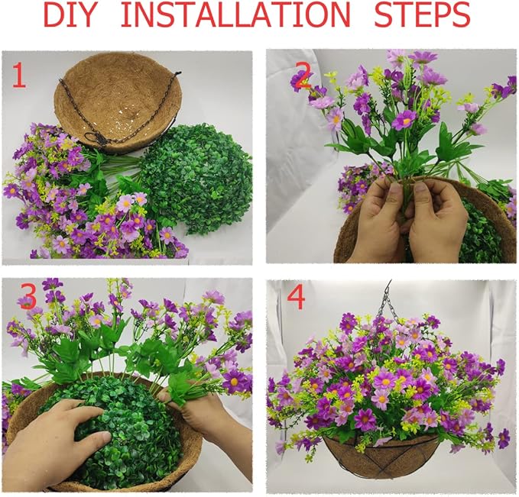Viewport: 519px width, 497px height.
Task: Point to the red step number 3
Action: (28, 298)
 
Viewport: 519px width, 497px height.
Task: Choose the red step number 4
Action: (297, 299)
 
